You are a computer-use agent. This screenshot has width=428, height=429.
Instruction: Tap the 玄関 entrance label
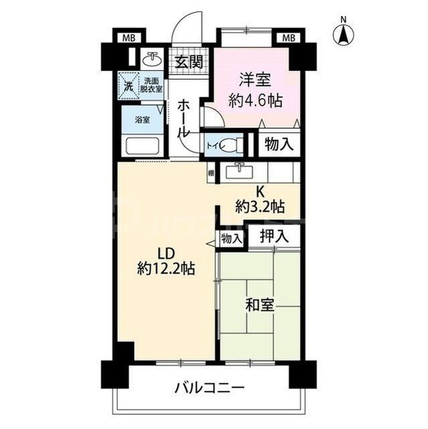click(190, 62)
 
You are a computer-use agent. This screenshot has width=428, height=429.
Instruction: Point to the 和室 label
click(260, 305)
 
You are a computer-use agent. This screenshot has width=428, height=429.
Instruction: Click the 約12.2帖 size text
click(166, 269)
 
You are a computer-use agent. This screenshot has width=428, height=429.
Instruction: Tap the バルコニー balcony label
click(210, 388)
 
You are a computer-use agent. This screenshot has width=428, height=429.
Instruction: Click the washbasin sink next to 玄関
click(151, 59)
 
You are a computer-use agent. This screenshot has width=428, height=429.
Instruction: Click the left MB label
click(128, 36)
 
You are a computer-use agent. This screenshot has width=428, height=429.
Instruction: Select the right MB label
click(289, 36)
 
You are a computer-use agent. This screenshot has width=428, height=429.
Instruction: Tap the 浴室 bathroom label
click(142, 120)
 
